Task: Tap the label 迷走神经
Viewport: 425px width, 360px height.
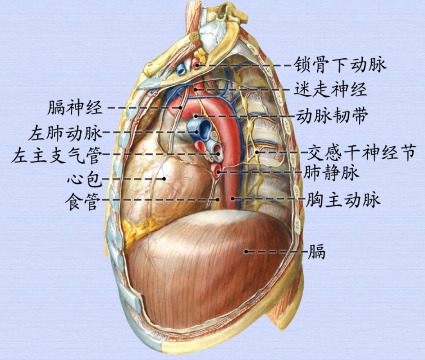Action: (x=330, y=89)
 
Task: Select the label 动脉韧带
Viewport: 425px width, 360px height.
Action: (x=332, y=116)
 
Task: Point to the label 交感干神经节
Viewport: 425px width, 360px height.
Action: (x=361, y=152)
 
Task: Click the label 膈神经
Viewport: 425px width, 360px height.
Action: (x=75, y=108)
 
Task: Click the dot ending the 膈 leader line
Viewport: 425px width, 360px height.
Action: (x=247, y=251)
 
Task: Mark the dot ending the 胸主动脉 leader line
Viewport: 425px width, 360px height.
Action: (x=233, y=198)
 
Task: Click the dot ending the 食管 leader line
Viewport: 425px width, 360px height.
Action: (x=218, y=199)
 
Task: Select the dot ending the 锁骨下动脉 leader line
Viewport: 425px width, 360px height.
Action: (x=197, y=65)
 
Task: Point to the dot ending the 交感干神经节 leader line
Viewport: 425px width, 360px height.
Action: (x=257, y=152)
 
